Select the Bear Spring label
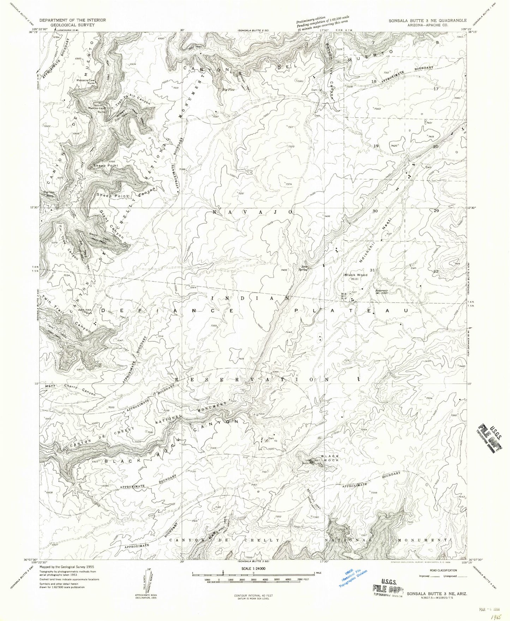click(x=304, y=268)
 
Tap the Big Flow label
click(x=228, y=89)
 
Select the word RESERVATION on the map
click(x=253, y=379)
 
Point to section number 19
click(x=376, y=146)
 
